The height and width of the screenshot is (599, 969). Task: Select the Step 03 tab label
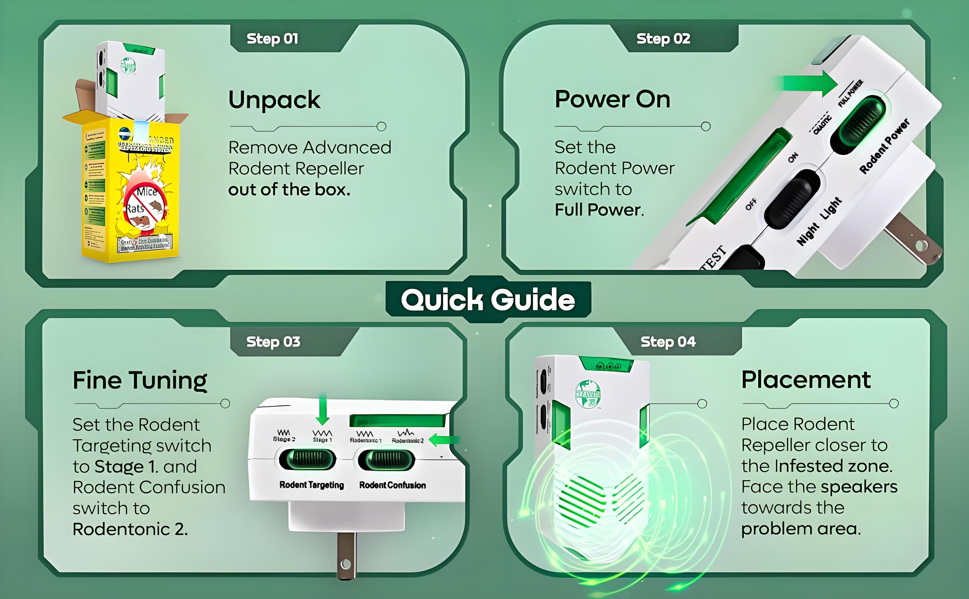[273, 341]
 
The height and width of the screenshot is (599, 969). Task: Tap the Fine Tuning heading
[140, 380]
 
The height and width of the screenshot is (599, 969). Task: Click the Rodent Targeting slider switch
[307, 459]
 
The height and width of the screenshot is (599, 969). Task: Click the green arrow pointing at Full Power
[810, 83]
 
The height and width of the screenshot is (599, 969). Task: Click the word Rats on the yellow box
[135, 208]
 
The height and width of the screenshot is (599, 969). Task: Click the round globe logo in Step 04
[588, 393]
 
